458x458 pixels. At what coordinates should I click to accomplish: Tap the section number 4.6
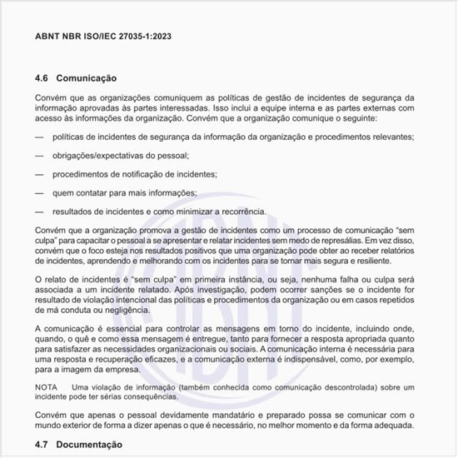click(42, 78)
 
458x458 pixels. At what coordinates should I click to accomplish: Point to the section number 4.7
click(42, 446)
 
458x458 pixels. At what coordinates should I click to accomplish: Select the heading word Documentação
click(90, 446)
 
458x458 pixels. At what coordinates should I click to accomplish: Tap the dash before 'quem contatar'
click(39, 192)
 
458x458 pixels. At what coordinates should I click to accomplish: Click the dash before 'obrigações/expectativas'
click(39, 155)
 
